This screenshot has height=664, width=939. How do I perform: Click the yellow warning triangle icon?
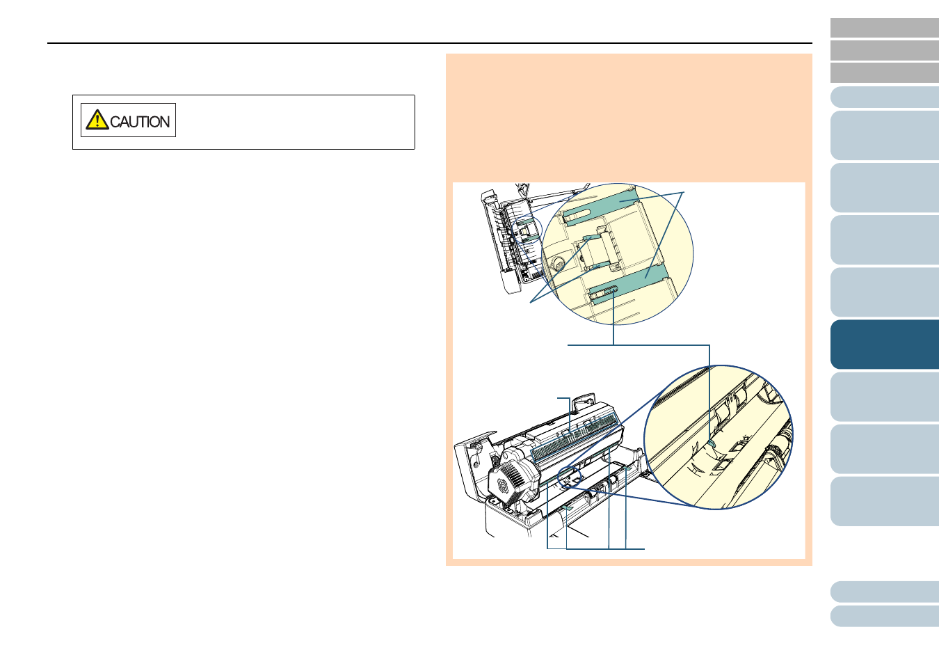pyautogui.click(x=97, y=120)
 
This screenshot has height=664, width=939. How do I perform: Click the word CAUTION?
pyautogui.click(x=140, y=122)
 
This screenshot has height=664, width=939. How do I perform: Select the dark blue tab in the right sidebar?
pyautogui.click(x=885, y=345)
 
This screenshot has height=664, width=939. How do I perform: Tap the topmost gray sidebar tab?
pyautogui.click(x=885, y=28)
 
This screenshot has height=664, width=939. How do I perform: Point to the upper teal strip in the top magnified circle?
pyautogui.click(x=600, y=205)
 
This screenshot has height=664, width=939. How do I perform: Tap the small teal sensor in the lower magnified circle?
pyautogui.click(x=712, y=443)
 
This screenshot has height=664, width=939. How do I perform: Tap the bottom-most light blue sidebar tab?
pyautogui.click(x=885, y=616)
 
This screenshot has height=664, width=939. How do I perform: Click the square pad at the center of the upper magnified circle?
pyautogui.click(x=597, y=250)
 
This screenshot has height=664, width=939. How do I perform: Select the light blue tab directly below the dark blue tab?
pyautogui.click(x=885, y=397)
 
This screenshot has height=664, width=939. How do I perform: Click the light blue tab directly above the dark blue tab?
pyautogui.click(x=885, y=292)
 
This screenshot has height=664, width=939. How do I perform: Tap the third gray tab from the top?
pyautogui.click(x=885, y=72)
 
